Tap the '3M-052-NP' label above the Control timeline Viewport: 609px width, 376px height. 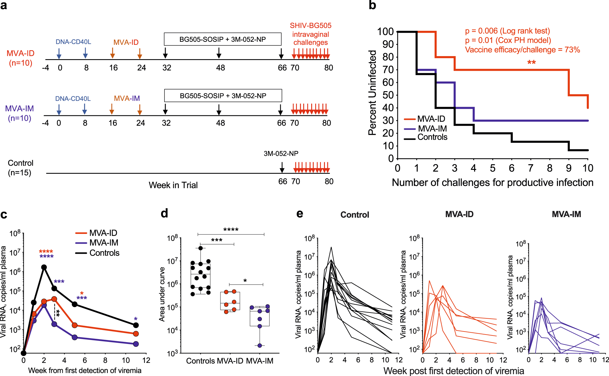pyautogui.click(x=281, y=153)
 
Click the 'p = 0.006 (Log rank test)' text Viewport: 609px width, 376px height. pyautogui.click(x=507, y=31)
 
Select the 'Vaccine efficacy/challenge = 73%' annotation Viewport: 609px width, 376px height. pyautogui.click(x=522, y=50)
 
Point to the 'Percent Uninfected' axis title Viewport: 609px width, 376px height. pyautogui.click(x=372, y=92)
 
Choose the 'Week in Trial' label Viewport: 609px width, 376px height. pyautogui.click(x=173, y=185)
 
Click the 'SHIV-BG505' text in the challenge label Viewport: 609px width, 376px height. pyautogui.click(x=311, y=26)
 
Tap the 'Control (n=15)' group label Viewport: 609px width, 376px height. pyautogui.click(x=20, y=168)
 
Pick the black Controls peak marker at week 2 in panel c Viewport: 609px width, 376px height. pyautogui.click(x=44, y=267)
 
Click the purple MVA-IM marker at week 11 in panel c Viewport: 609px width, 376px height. pyautogui.click(x=136, y=344)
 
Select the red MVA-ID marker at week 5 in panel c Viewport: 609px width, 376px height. pyautogui.click(x=75, y=325)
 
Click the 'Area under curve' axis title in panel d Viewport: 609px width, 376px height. pyautogui.click(x=162, y=294)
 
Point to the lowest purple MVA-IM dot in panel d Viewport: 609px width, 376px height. pyautogui.click(x=260, y=346)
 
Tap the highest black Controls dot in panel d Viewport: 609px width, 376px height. pyautogui.click(x=200, y=248)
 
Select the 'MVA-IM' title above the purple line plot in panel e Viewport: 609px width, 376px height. pyautogui.click(x=566, y=214)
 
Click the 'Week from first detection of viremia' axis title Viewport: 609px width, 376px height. pyautogui.click(x=85, y=371)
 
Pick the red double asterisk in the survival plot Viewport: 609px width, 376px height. pyautogui.click(x=531, y=63)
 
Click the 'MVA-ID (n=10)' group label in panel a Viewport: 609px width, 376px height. pyautogui.click(x=20, y=58)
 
